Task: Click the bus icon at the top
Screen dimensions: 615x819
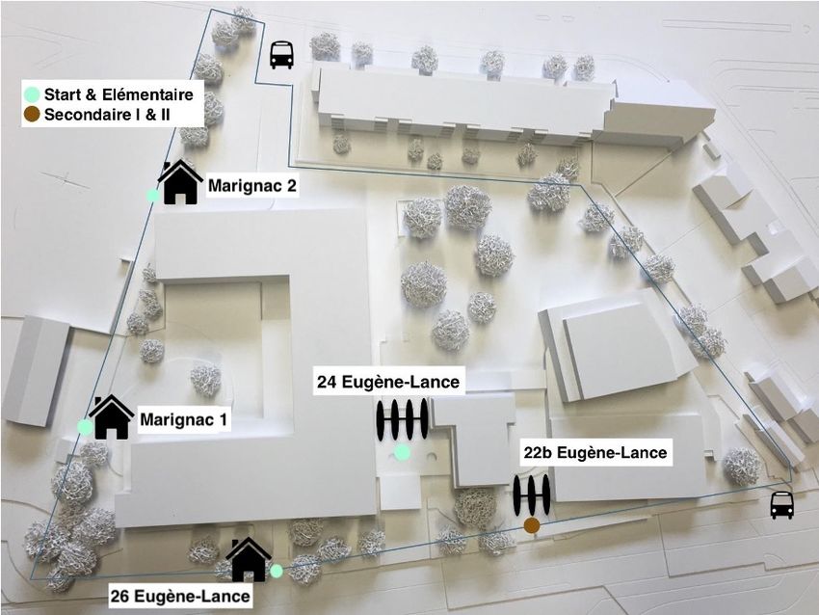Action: tap(281, 55)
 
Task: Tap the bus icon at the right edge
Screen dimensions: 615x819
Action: tap(781, 504)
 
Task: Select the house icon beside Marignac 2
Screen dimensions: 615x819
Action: tap(180, 182)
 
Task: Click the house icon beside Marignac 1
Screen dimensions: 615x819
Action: tap(112, 417)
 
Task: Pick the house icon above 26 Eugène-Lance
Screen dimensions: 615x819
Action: tap(249, 559)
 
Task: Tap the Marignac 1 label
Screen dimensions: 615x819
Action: tap(184, 420)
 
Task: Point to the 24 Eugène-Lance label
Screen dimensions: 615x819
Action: tap(388, 383)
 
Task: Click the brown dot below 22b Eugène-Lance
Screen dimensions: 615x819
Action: tap(531, 525)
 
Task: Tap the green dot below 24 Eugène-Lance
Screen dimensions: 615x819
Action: tap(403, 452)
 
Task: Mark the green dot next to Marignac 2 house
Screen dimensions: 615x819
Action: tap(153, 196)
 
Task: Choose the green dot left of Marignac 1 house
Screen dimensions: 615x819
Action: tap(85, 427)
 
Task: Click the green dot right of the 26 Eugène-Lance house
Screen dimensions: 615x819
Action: tap(277, 571)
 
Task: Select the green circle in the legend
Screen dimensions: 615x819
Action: tap(32, 94)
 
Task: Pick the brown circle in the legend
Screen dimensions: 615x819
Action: tap(32, 115)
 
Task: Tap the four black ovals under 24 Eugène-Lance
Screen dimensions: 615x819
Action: tap(402, 420)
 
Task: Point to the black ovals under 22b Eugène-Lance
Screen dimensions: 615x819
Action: tap(531, 495)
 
